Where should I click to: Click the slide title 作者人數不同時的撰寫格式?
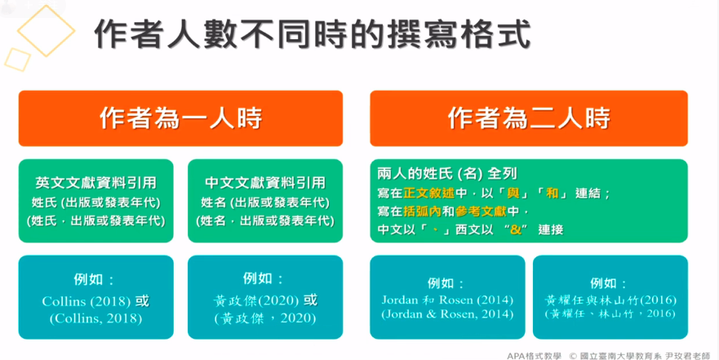tap(313, 35)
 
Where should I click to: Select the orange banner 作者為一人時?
tap(180, 118)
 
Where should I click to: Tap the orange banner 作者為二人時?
tap(529, 118)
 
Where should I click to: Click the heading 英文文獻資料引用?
tap(96, 183)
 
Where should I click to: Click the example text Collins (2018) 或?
tap(96, 301)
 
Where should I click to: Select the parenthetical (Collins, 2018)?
tap(96, 318)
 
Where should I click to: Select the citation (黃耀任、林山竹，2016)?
tap(609, 313)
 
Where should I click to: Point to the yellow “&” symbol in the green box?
tap(515, 229)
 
